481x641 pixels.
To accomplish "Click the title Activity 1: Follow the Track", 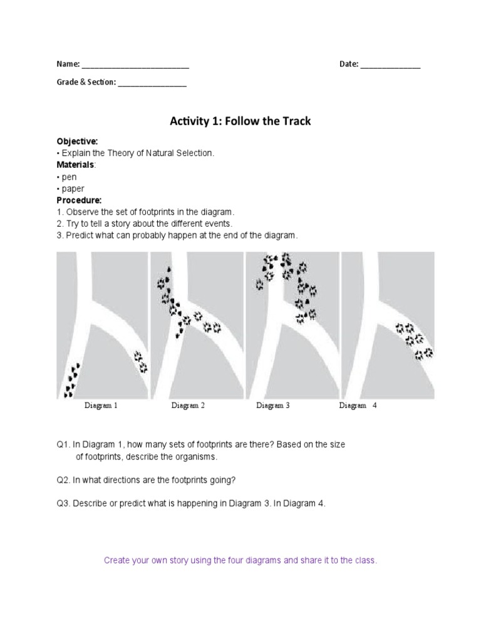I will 240,121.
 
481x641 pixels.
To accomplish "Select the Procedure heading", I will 79,200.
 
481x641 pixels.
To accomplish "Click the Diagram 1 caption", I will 101,406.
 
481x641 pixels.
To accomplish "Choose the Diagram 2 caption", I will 188,406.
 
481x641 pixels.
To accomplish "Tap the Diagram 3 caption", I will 272,406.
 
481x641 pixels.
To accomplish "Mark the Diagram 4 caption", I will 358,406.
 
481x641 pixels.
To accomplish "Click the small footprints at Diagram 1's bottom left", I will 71,380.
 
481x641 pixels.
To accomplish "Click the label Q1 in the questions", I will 62,444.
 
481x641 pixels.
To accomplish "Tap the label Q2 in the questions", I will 62,480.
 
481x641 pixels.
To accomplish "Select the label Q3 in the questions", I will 62,504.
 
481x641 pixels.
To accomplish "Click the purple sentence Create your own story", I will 240,560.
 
